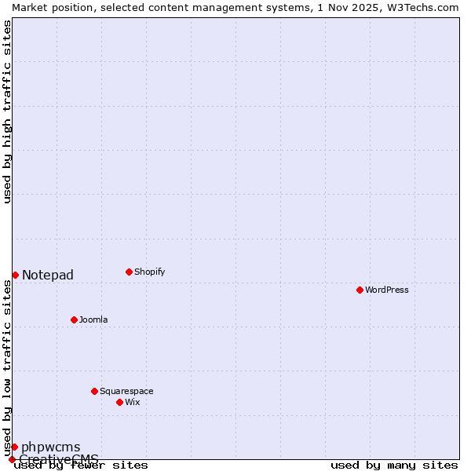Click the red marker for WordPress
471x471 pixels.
(360, 290)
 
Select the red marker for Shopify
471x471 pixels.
(129, 272)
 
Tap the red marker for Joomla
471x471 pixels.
(74, 319)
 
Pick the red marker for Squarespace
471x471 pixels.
(94, 391)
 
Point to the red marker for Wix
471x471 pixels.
(119, 402)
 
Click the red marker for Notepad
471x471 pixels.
(15, 275)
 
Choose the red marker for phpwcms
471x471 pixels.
(14, 447)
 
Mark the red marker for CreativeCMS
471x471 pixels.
(12, 459)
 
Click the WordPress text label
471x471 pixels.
(387, 290)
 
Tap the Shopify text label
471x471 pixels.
(149, 272)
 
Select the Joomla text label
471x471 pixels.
(93, 319)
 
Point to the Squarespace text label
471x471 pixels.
(126, 391)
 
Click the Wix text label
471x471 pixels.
(132, 402)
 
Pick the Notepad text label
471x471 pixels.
(48, 275)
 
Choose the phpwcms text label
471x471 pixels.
(50, 447)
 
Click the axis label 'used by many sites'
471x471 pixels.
(394, 465)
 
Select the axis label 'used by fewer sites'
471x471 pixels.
(82, 465)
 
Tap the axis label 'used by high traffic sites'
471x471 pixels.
(7, 111)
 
